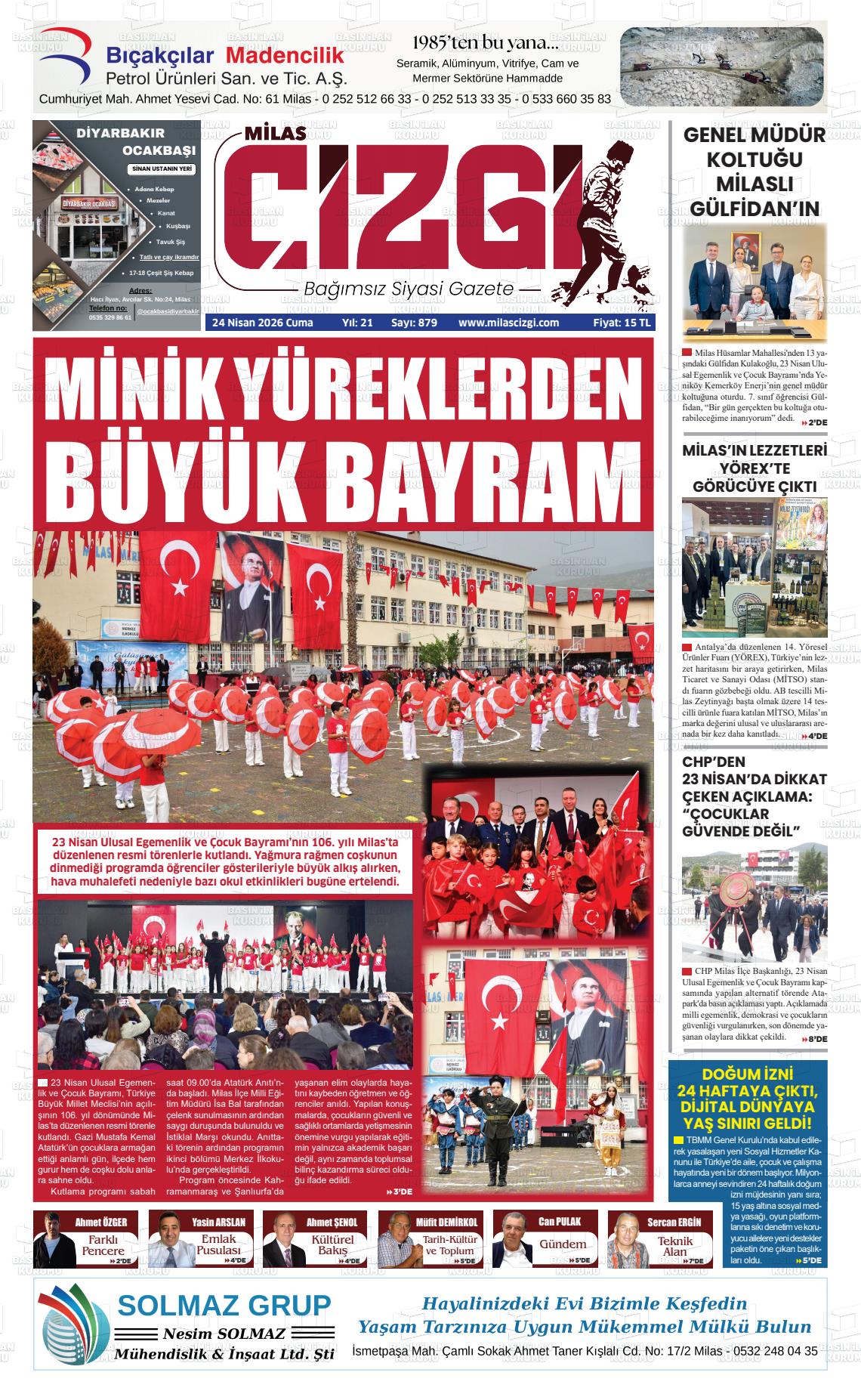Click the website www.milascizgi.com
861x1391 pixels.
508,323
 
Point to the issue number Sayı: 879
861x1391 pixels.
414,323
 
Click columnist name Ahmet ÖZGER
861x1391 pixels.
95,1222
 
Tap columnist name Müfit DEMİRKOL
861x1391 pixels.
446,1222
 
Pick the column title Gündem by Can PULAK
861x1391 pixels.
562,1244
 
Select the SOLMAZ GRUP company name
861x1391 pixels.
224,1305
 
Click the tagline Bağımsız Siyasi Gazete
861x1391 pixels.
408,289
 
